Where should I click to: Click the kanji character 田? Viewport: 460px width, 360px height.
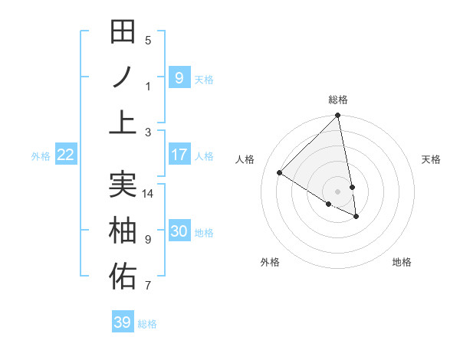point(123,32)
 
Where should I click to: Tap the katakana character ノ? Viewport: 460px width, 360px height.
point(123,77)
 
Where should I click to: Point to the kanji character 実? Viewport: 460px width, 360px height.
point(123,185)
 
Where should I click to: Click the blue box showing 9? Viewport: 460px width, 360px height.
point(179,77)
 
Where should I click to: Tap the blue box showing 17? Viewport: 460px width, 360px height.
point(179,155)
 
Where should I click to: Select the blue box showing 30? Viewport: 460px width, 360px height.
point(179,231)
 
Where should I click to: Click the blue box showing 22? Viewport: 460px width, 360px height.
point(66,155)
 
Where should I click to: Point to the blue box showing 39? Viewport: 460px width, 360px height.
point(122,322)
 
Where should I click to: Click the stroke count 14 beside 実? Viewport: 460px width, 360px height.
point(148,194)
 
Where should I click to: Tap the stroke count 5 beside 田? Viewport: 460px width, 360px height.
point(148,41)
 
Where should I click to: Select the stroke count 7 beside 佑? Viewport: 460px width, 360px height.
point(148,286)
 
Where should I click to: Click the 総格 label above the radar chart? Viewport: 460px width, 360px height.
point(338,100)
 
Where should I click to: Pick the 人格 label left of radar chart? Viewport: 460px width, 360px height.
point(245,159)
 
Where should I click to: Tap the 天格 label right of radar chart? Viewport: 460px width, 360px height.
point(431,159)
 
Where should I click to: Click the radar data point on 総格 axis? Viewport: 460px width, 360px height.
point(338,116)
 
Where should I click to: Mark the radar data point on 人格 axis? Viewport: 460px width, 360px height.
point(280,172)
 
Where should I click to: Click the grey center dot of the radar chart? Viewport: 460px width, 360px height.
point(338,191)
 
